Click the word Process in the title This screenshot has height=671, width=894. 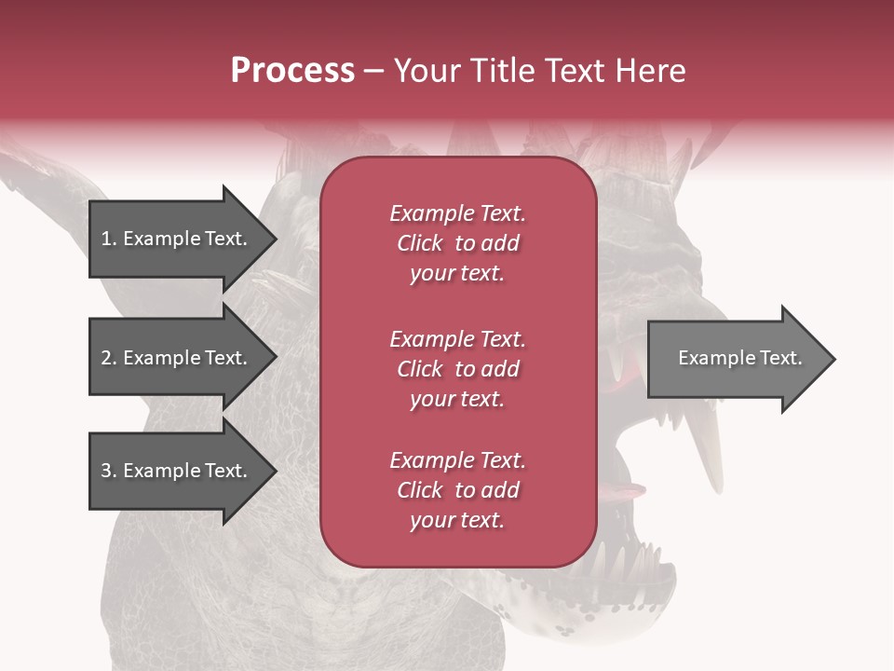tap(292, 71)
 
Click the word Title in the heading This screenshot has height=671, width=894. tap(508, 71)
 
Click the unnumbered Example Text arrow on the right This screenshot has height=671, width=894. tap(736, 359)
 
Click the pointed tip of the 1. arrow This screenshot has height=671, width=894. tap(274, 239)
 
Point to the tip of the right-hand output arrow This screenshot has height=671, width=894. tap(833, 359)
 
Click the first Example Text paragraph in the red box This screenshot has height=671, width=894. tap(457, 243)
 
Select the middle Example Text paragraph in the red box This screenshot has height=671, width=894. tap(457, 369)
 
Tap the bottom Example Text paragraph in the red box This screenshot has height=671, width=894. tap(457, 490)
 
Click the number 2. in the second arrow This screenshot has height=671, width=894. tap(109, 358)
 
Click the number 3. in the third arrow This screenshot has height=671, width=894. tap(109, 471)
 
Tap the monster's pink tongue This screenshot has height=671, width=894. tap(622, 491)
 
